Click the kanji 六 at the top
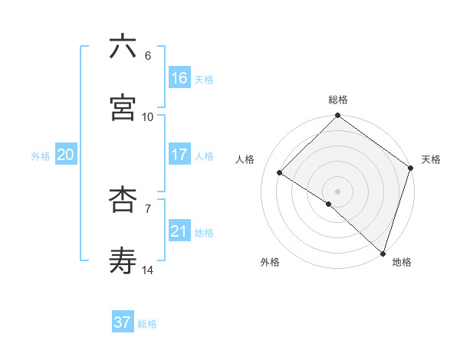click(x=123, y=47)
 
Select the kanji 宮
click(x=123, y=108)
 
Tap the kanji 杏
click(x=123, y=200)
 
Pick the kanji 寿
click(x=123, y=261)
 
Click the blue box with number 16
click(x=179, y=78)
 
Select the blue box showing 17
click(x=179, y=155)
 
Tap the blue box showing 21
click(x=179, y=231)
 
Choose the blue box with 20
click(x=66, y=155)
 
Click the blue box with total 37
click(x=123, y=322)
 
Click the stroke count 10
click(x=148, y=116)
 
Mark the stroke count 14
click(x=148, y=270)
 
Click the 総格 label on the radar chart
click(x=338, y=100)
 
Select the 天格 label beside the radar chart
click(x=431, y=159)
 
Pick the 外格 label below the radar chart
click(x=269, y=262)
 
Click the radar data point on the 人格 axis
click(x=280, y=173)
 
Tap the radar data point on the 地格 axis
click(x=383, y=253)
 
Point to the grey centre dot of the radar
click(x=338, y=191)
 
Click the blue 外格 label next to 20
click(x=41, y=155)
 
